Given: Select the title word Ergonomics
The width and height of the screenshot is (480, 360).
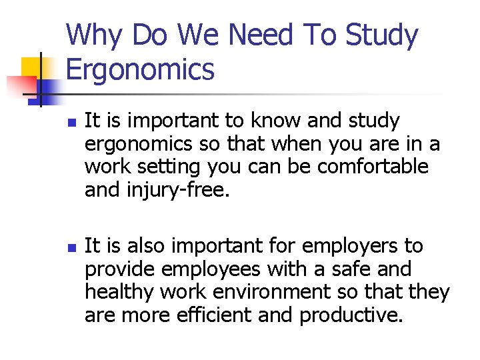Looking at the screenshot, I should point(141,70).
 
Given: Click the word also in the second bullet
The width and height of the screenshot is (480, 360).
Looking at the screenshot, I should point(141,247).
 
